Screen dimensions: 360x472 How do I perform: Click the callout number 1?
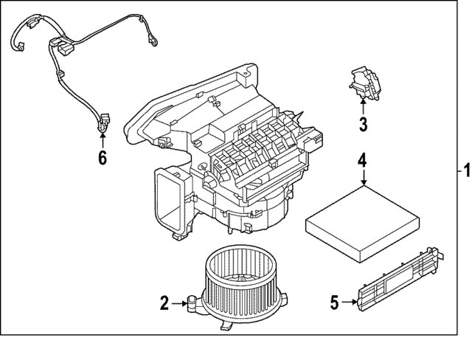pyautogui.click(x=465, y=170)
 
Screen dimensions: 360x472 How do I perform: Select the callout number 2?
pyautogui.click(x=163, y=301)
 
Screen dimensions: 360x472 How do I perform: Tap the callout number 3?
pyautogui.click(x=363, y=125)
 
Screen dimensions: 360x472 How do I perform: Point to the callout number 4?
pyautogui.click(x=362, y=159)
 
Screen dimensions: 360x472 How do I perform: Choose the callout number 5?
pyautogui.click(x=333, y=302)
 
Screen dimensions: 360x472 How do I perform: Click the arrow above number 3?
pyautogui.click(x=363, y=107)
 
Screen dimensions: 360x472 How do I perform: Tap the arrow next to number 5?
pyautogui.click(x=349, y=302)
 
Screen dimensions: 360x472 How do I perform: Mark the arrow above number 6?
pyautogui.click(x=102, y=140)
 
